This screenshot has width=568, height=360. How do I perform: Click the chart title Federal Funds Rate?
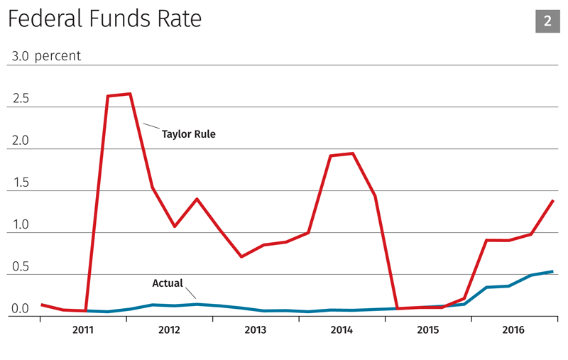tap(104, 19)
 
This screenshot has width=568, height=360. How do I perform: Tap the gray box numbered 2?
tap(547, 21)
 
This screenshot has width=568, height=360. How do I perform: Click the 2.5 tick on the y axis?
tap(20, 99)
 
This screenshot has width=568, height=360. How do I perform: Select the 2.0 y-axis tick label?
tap(20, 141)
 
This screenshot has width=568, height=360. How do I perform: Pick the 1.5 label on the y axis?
tap(20, 182)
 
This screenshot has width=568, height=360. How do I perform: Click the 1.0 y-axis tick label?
tap(20, 224)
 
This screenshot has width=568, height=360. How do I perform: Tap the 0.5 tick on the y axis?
tap(20, 266)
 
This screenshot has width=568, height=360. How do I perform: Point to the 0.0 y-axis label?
tap(20, 309)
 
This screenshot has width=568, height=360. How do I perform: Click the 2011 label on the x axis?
tap(82, 330)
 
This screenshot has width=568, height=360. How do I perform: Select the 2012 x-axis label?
tap(169, 330)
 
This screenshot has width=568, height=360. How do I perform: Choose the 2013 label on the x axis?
tap(256, 330)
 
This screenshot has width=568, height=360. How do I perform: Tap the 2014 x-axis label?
tap(342, 330)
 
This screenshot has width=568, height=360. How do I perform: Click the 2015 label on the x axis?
tap(428, 330)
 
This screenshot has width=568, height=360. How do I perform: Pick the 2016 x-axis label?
tap(515, 330)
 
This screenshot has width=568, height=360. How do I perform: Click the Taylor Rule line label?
tap(188, 133)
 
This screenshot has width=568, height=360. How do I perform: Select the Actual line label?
tap(168, 283)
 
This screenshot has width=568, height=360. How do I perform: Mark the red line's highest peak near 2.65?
tap(130, 94)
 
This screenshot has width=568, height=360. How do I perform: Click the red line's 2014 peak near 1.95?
tap(353, 153)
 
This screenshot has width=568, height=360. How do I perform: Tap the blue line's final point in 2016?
tap(553, 271)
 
